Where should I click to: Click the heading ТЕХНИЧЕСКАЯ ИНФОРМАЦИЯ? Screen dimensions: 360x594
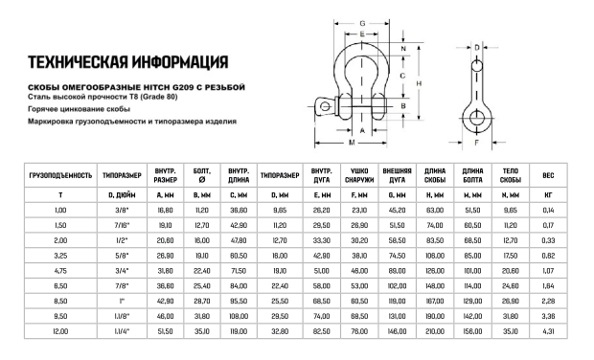point(127,65)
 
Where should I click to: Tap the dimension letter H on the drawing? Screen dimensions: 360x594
point(420,83)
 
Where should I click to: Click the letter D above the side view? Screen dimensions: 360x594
point(476,45)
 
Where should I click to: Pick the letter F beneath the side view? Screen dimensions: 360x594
point(476,143)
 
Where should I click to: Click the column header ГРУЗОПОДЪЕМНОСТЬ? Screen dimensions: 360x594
point(60,176)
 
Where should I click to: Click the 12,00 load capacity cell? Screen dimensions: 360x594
point(60,330)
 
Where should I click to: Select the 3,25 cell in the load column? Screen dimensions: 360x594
point(60,254)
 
